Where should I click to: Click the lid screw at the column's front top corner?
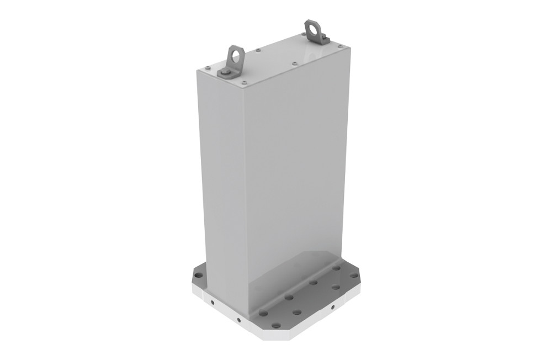tap(243, 83)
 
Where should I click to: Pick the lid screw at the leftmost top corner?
tap(206, 68)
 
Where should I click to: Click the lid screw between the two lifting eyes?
tap(259, 51)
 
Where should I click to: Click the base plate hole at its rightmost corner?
tap(354, 275)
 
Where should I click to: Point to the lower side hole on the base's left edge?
tap(238, 320)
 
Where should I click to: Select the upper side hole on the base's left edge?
tap(211, 304)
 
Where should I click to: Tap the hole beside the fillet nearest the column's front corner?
tap(264, 313)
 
